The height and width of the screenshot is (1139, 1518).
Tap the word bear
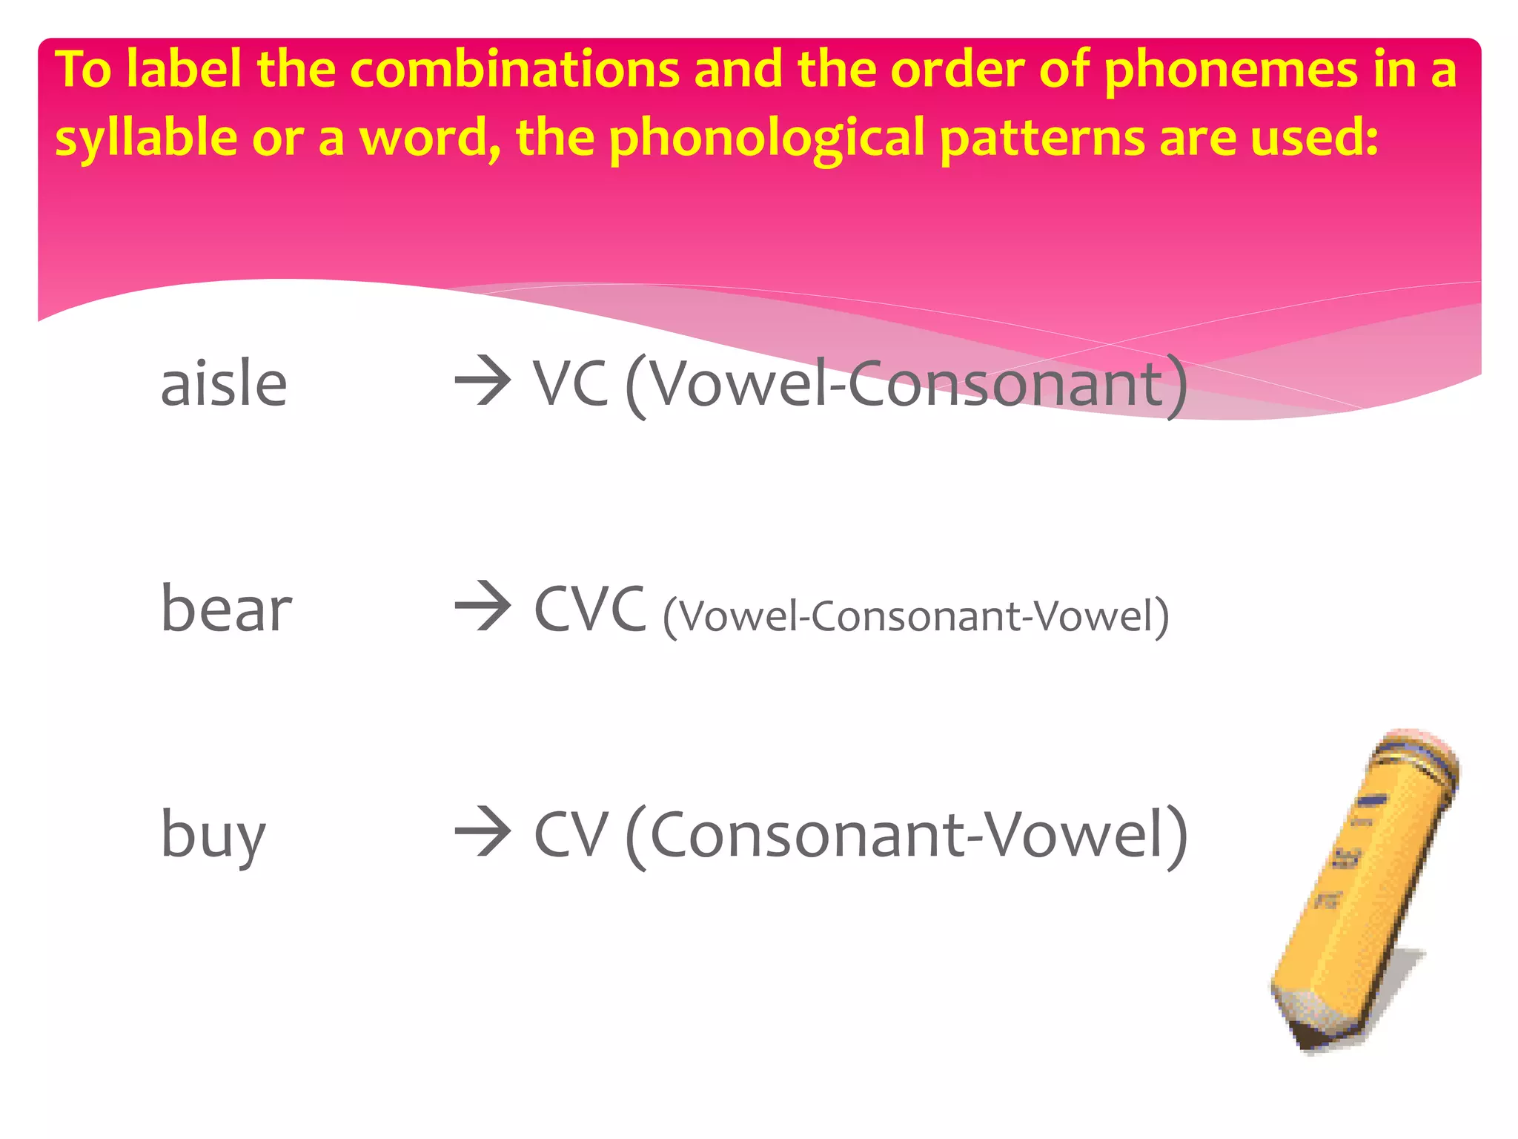coord(226,609)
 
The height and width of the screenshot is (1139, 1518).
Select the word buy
coord(213,835)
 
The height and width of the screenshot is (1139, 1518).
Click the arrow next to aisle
coord(483,381)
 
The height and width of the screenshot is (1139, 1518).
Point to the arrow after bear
coord(483,606)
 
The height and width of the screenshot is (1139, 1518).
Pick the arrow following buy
coord(483,832)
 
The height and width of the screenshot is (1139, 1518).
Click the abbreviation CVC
coord(589,609)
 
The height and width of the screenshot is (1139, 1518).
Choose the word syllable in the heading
coord(146,139)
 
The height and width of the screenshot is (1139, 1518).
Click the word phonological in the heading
coord(766,139)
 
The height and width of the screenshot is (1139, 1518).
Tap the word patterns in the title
coord(1042,139)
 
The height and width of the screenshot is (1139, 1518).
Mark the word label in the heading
coord(183,70)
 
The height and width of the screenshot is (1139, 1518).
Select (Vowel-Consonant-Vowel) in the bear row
coord(915,615)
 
